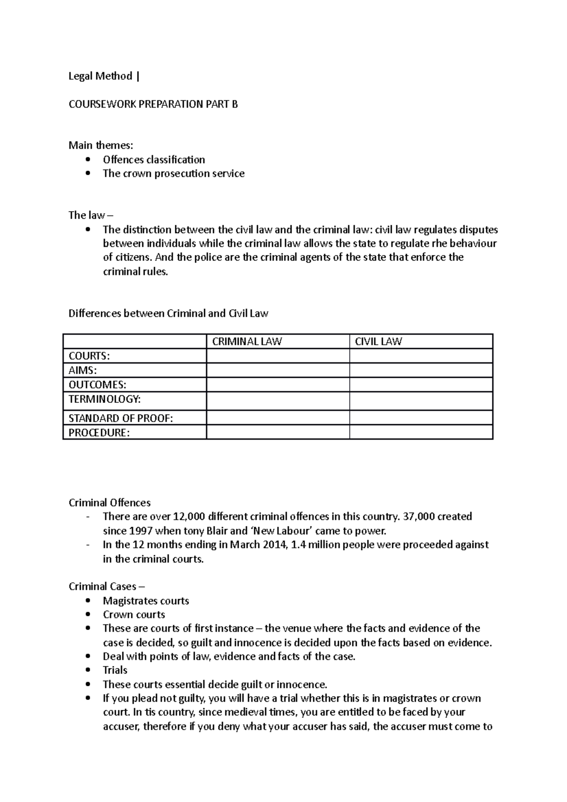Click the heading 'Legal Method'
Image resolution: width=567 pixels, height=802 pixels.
(100, 77)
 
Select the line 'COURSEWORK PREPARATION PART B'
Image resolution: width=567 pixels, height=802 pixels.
(153, 104)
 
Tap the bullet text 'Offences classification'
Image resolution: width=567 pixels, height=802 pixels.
(154, 160)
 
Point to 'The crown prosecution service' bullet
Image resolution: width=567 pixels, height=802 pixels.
(173, 173)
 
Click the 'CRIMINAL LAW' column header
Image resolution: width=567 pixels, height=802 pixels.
(247, 341)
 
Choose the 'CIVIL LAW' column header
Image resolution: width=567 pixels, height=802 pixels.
(378, 341)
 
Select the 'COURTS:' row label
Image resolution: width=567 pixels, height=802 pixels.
(89, 356)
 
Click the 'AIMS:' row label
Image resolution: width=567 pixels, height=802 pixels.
(83, 370)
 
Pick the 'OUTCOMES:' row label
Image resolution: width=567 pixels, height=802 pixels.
(97, 385)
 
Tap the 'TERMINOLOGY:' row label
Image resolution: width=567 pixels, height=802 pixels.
(104, 399)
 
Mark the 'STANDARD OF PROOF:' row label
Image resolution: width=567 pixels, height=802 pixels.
(121, 418)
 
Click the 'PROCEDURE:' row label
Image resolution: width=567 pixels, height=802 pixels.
(99, 433)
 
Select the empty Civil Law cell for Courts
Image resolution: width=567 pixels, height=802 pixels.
(421, 356)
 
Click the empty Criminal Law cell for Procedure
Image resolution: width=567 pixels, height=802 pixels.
(278, 433)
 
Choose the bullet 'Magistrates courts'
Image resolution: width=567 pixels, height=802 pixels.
(146, 601)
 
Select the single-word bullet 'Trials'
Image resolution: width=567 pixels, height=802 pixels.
(115, 670)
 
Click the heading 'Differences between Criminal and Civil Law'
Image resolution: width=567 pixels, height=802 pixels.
(168, 314)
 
